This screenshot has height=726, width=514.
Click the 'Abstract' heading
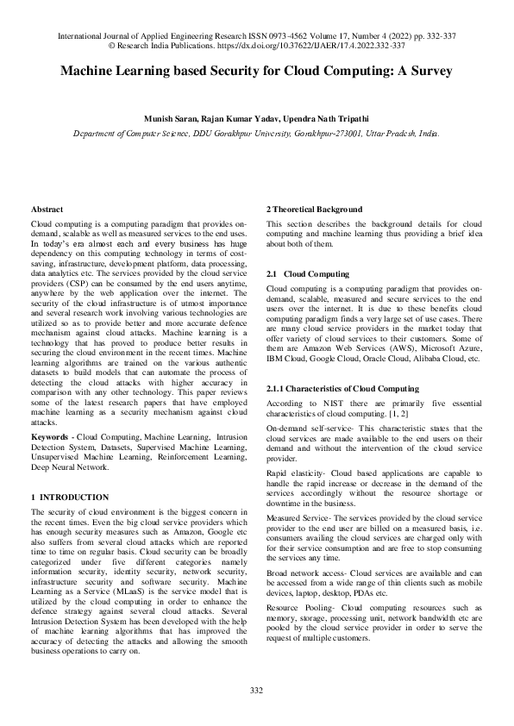[46, 210]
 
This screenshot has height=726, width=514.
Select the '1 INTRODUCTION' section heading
[70, 498]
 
